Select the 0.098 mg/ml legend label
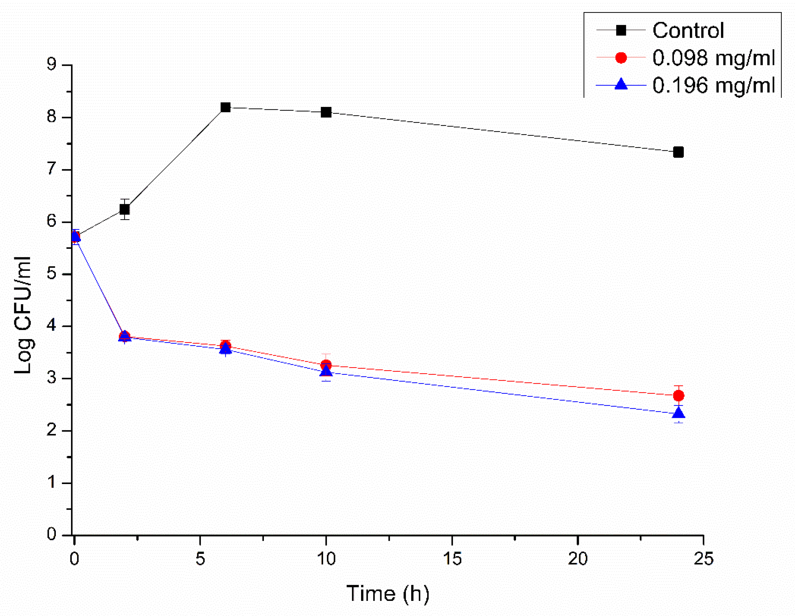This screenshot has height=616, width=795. click(x=713, y=58)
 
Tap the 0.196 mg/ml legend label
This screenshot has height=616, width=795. click(x=713, y=85)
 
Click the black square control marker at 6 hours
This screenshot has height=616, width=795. click(x=225, y=107)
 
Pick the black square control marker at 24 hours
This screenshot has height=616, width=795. click(x=678, y=152)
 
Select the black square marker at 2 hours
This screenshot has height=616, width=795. click(x=124, y=209)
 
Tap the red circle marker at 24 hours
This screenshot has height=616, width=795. click(x=678, y=395)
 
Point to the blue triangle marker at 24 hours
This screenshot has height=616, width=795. click(x=678, y=413)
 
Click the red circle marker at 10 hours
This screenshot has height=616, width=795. click(x=326, y=364)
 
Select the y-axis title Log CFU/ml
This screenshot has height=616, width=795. click(x=23, y=315)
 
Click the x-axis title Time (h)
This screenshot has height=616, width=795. click(x=388, y=593)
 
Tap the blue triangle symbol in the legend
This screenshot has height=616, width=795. click(x=621, y=85)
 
